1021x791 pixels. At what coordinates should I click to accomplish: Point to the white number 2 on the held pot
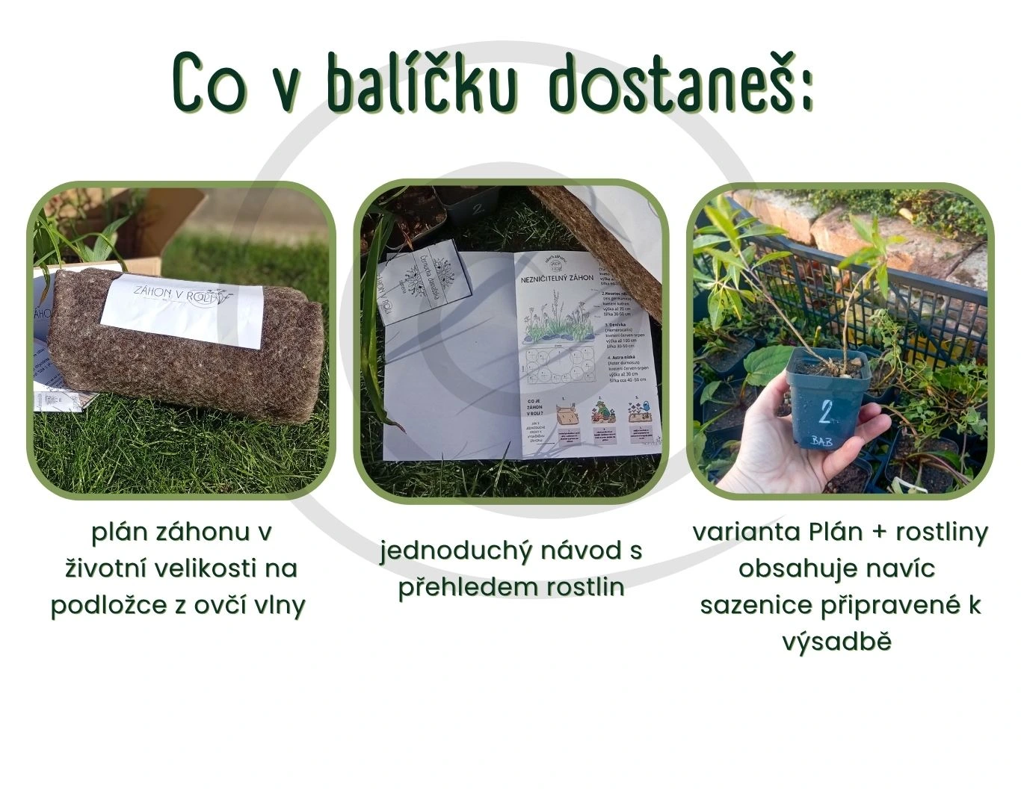click(x=827, y=412)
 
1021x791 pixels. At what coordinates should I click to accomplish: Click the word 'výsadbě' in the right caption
click(x=838, y=642)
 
